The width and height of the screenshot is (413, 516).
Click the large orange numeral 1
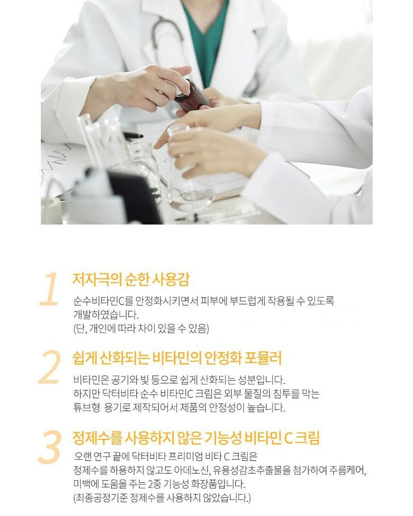click(49, 289)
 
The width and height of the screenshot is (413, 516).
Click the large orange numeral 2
click(49, 367)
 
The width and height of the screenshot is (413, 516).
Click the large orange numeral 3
click(50, 447)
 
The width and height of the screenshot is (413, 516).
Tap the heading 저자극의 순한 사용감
click(131, 279)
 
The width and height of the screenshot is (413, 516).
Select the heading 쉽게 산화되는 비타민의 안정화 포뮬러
click(177, 358)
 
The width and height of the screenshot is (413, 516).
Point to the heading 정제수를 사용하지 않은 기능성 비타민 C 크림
click(196, 438)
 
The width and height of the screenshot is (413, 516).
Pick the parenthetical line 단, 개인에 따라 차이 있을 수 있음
click(141, 328)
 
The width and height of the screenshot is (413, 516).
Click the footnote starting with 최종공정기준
click(162, 497)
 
